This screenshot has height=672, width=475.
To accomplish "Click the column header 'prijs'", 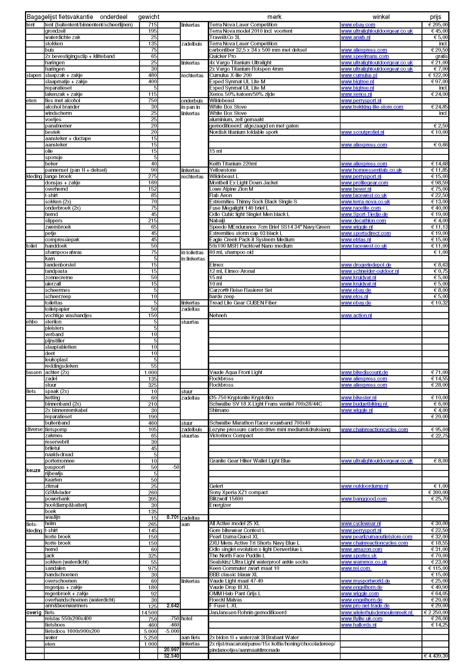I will pyautogui.click(x=435, y=17).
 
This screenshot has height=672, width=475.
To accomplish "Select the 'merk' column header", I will pyautogui.click(x=274, y=17).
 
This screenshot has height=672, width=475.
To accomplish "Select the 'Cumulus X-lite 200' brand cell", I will pyautogui.click(x=230, y=75).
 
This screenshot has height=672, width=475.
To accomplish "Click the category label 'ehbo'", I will pyautogui.click(x=32, y=322).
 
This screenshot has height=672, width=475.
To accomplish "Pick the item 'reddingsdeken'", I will pyautogui.click(x=61, y=366).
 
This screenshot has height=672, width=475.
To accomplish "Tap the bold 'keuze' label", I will pyautogui.click(x=33, y=470).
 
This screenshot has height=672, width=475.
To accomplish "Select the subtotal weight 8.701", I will pyautogui.click(x=172, y=517).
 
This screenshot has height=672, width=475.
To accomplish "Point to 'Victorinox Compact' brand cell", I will pyautogui.click(x=231, y=436).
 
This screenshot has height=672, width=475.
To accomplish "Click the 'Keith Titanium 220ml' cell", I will pyautogui.click(x=233, y=163).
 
